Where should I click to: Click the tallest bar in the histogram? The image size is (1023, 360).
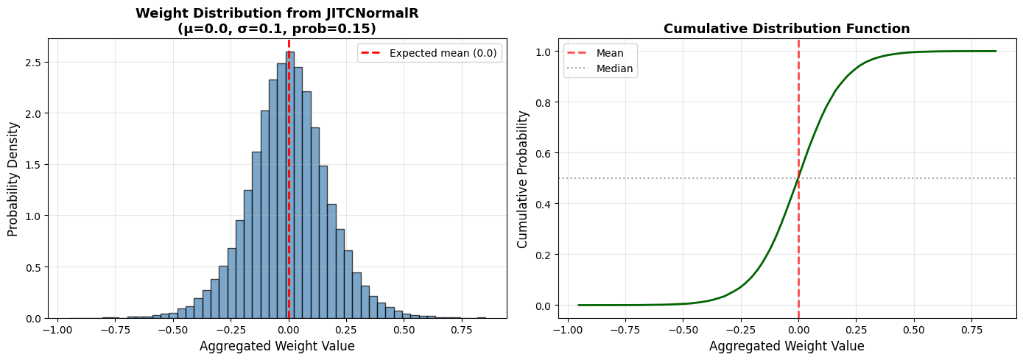289,185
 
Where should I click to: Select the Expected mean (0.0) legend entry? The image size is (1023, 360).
429,53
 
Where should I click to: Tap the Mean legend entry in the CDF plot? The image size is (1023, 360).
595,53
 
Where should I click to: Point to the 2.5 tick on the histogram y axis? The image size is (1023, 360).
34,62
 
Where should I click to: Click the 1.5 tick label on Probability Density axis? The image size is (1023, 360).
34,165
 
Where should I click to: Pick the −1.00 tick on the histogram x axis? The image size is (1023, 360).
57,329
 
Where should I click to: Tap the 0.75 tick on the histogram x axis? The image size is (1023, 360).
462,329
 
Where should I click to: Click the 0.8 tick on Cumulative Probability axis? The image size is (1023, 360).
544,102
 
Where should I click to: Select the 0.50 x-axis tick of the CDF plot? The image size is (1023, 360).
914,329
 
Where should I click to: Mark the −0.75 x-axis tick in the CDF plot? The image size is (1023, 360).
625,329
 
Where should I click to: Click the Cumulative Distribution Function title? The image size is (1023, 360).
787,29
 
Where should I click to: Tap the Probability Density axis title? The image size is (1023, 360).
13,179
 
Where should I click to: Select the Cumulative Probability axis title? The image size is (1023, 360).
522,180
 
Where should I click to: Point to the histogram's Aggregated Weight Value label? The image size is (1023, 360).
277,346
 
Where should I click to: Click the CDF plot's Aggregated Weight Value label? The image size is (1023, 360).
787,346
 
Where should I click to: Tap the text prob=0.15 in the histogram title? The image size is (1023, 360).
331,29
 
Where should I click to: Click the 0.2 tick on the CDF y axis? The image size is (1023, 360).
544,255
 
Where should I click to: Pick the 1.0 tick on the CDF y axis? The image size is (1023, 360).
544,52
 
